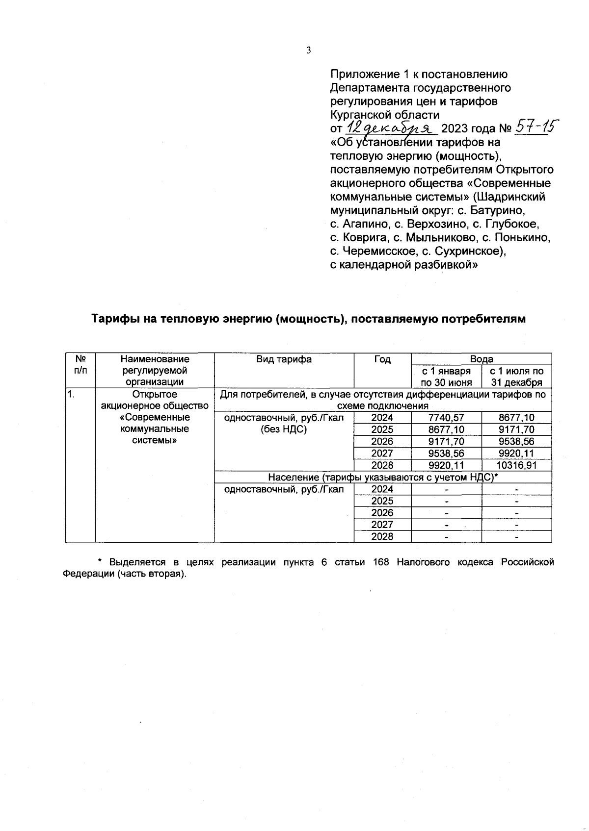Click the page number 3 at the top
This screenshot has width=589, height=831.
(x=309, y=50)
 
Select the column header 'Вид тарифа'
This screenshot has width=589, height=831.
(x=284, y=359)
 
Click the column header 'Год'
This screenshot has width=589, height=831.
(x=382, y=359)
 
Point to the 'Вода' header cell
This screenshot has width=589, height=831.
(x=481, y=359)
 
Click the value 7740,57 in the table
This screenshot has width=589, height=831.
(x=446, y=418)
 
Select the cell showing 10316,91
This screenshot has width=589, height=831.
(x=516, y=465)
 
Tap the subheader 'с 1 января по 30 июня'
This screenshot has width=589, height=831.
(x=446, y=377)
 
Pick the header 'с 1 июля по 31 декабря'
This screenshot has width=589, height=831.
(x=516, y=377)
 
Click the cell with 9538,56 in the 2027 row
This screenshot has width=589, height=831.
(x=446, y=453)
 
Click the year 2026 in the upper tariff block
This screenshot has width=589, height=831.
(x=382, y=441)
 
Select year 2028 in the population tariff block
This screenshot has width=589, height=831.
(x=382, y=536)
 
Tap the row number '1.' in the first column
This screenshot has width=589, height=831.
(x=72, y=394)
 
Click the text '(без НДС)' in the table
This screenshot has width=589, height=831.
(x=284, y=429)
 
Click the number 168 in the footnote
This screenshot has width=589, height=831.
(x=381, y=562)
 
